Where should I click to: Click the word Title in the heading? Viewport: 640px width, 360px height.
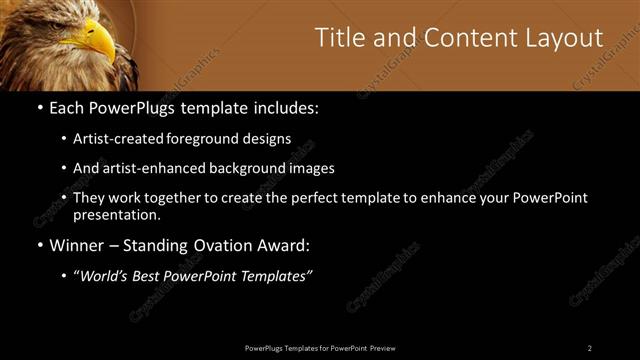click(x=341, y=38)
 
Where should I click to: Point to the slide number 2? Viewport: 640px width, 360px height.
click(x=590, y=348)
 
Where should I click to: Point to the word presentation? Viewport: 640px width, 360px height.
click(x=117, y=214)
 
